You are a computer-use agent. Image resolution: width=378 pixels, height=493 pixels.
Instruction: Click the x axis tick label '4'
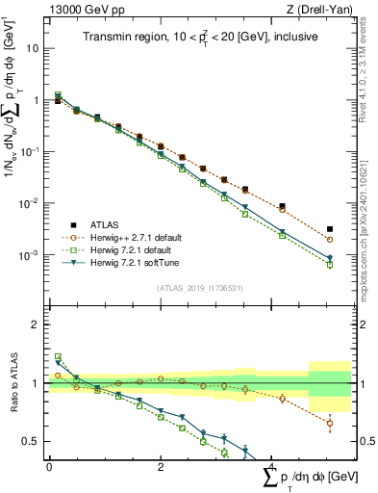274,467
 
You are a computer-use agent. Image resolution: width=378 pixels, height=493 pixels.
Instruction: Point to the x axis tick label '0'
49,467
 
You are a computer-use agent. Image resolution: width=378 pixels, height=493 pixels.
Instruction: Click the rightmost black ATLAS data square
330,229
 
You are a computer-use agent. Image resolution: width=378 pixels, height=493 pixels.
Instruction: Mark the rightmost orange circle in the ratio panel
330,423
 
